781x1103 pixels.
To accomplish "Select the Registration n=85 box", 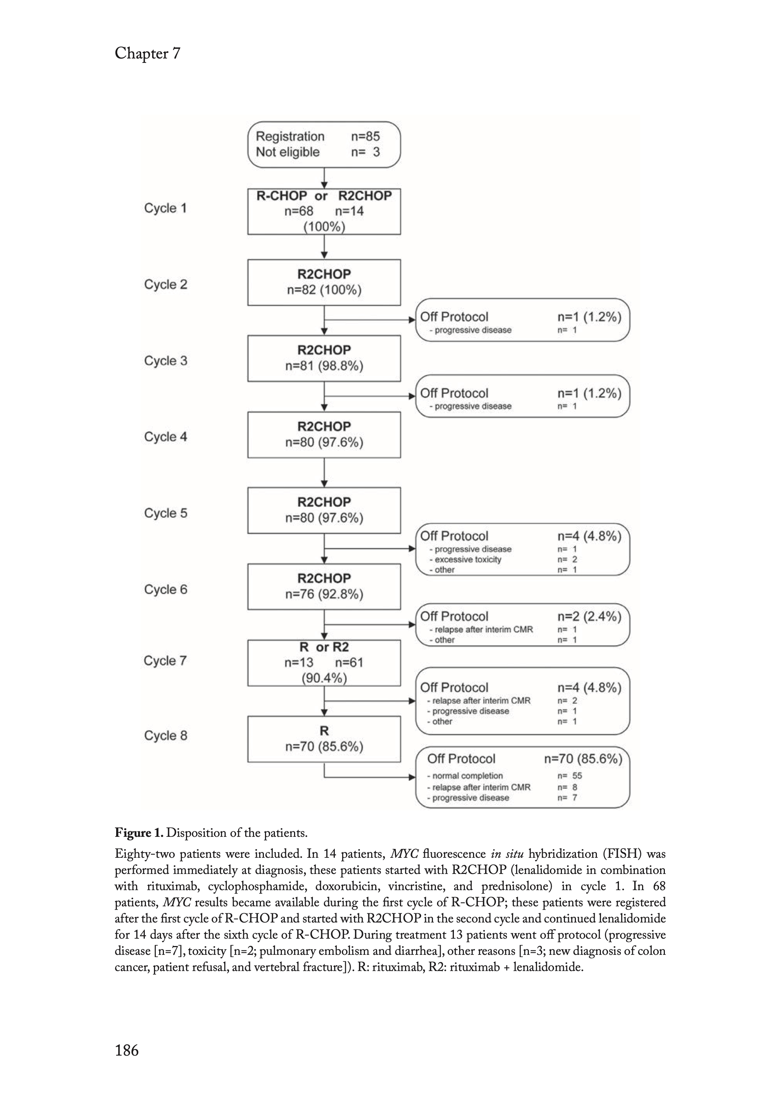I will (x=324, y=144).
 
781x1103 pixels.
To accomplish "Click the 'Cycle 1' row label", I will (x=165, y=208).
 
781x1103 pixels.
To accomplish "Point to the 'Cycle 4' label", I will (x=165, y=437).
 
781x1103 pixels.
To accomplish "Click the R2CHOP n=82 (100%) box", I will (x=324, y=282).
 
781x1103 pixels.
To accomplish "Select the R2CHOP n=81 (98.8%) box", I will (x=324, y=358).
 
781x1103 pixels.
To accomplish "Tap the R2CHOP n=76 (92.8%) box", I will (x=324, y=586).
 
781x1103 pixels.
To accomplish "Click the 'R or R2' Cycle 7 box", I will (x=324, y=663).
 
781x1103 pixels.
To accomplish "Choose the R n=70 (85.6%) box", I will (x=324, y=739).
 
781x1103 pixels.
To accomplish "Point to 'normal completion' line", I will (x=467, y=775).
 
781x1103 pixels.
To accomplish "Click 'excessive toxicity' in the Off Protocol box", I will (x=467, y=560).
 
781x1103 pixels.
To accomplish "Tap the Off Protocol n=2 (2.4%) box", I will (x=522, y=625).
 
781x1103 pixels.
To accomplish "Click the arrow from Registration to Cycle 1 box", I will (x=324, y=178).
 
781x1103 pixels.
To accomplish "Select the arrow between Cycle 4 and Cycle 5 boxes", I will (x=324, y=472).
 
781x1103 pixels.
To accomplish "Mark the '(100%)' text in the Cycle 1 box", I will (x=324, y=226).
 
